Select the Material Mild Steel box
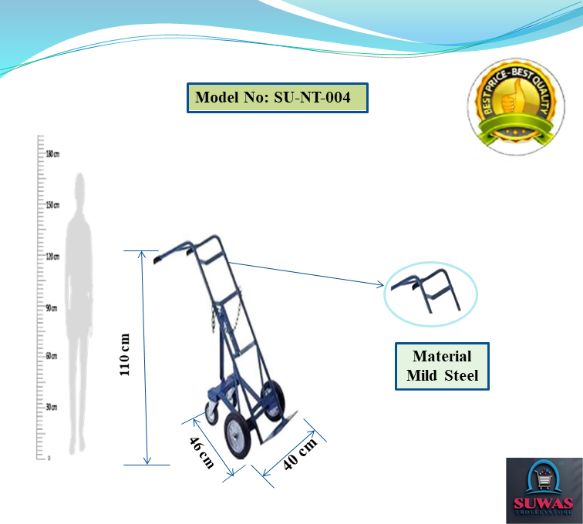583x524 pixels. coord(442,366)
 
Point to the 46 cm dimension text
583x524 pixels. coord(201,452)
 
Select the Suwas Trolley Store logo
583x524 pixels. coord(544,491)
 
